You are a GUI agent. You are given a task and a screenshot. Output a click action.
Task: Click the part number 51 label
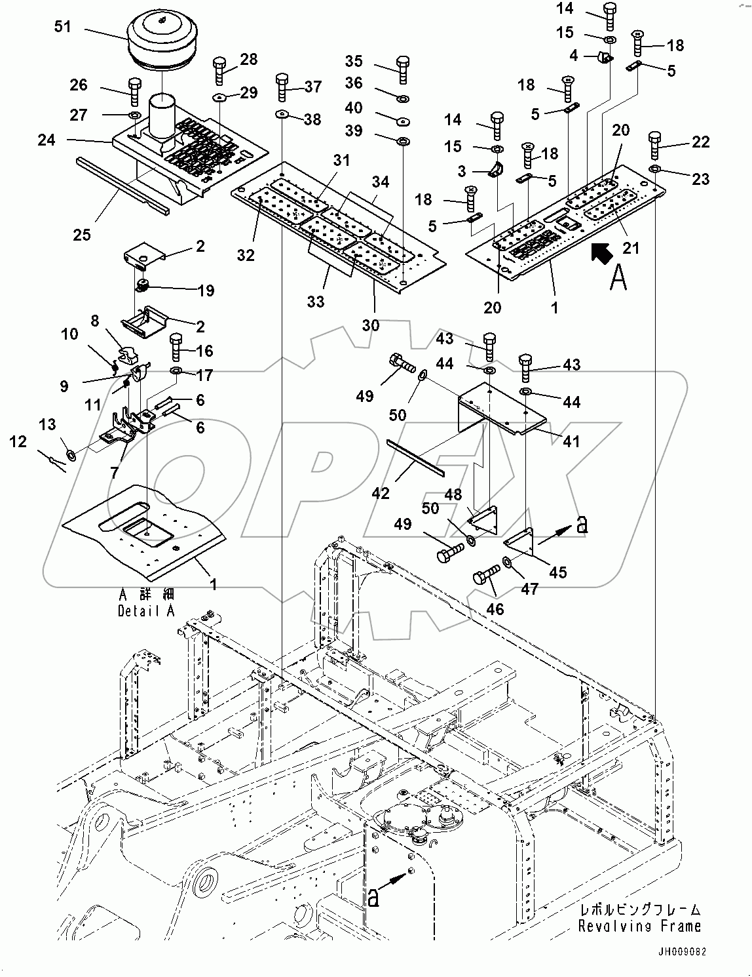(x=64, y=27)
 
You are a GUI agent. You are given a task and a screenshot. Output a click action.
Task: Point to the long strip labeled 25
(x=123, y=186)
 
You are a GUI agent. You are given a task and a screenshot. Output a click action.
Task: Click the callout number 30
(x=371, y=325)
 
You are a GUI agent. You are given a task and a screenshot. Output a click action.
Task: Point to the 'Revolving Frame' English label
(x=639, y=927)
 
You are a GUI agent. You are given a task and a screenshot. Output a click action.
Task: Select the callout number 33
(x=316, y=302)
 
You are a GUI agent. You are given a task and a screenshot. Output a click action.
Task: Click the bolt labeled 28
(x=219, y=70)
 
